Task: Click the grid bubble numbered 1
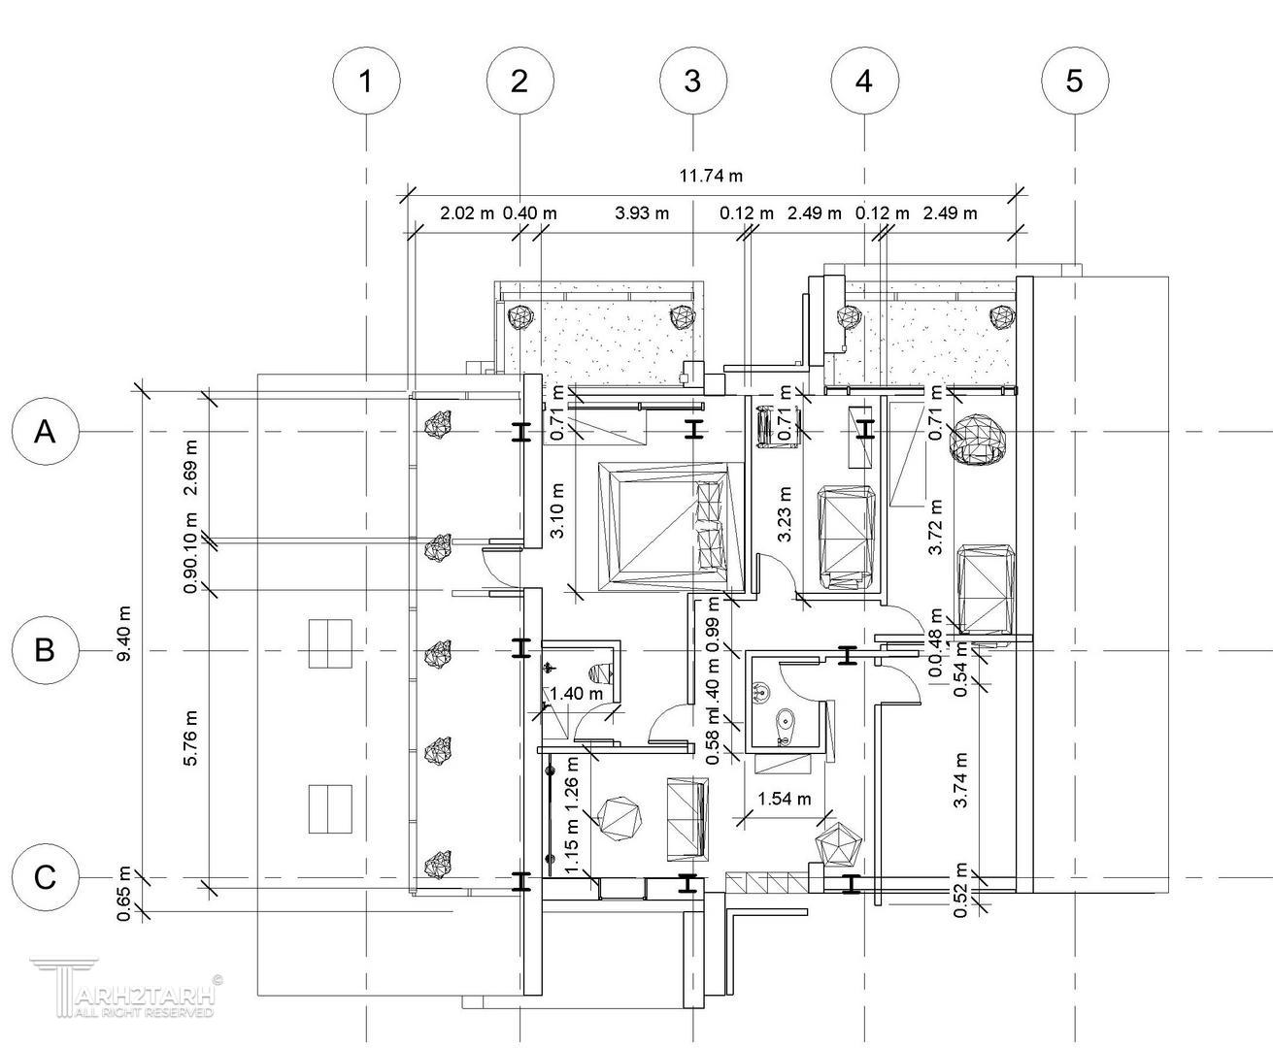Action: point(366,82)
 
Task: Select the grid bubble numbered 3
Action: point(692,82)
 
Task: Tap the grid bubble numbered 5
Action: point(1074,82)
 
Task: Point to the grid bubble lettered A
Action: point(45,431)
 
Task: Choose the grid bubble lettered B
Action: point(45,649)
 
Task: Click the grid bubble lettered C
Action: point(45,877)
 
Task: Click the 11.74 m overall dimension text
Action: point(711,176)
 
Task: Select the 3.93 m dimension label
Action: point(642,213)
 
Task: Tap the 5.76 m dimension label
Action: point(190,738)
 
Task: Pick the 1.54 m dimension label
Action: point(784,800)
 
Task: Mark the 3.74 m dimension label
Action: point(960,781)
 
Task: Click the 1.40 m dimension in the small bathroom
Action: point(577,694)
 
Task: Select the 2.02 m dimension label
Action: point(467,213)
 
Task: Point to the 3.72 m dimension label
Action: point(936,527)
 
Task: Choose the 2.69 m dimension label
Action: point(190,468)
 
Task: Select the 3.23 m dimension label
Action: point(785,512)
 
